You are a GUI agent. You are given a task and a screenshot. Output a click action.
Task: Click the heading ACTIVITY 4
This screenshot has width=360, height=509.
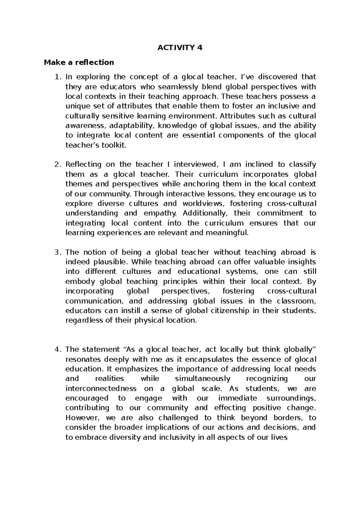tap(180, 48)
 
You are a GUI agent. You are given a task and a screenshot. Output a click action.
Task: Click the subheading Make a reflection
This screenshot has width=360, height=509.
tap(79, 62)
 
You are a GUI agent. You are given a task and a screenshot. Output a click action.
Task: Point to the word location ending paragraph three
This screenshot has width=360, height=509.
tap(181, 320)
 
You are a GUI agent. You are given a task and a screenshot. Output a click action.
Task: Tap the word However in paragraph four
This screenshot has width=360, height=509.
tap(79, 418)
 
